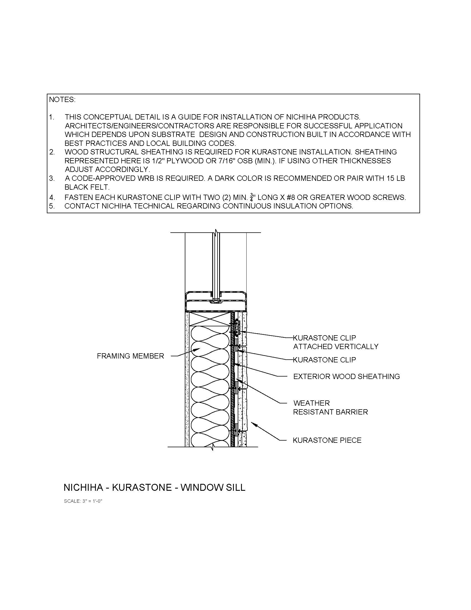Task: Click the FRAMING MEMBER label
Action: coord(130,356)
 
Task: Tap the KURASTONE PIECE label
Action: coord(327,440)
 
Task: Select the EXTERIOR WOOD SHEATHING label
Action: coord(346,377)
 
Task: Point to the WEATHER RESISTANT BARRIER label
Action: coord(330,408)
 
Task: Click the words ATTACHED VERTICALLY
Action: coord(336,347)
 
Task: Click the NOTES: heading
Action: coord(62,100)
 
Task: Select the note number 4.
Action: coord(52,197)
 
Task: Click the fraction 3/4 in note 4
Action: coord(252,197)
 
